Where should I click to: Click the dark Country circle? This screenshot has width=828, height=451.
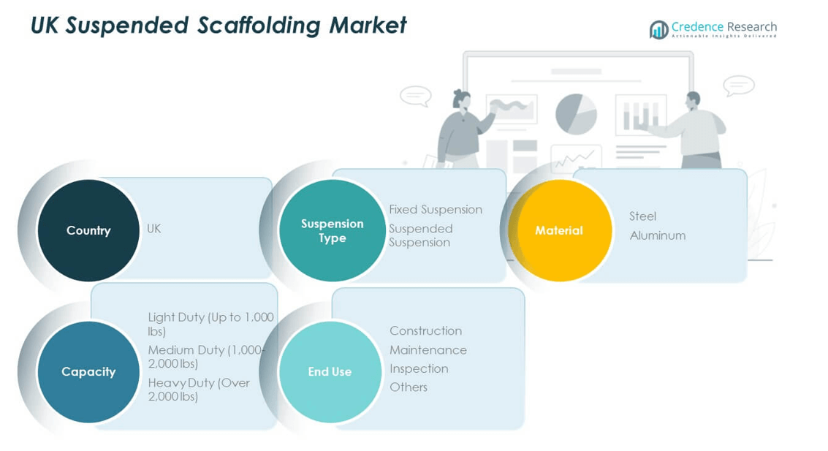click(x=88, y=230)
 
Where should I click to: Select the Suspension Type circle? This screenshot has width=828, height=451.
click(x=332, y=230)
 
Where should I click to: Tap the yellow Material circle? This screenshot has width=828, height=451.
click(x=559, y=230)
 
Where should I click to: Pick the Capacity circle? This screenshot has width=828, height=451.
click(x=88, y=371)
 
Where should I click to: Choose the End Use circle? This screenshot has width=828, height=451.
click(x=330, y=371)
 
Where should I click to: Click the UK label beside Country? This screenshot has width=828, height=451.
click(x=153, y=229)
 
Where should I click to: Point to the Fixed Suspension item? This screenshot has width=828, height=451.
click(x=436, y=210)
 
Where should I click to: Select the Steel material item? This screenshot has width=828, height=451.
click(x=642, y=216)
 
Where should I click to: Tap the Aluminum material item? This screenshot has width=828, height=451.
click(x=658, y=235)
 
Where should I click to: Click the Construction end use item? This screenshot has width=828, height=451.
click(x=425, y=331)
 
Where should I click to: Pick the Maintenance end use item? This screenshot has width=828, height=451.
click(x=428, y=350)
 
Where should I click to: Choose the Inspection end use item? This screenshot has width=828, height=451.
click(x=419, y=368)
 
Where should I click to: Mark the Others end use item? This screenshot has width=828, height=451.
click(x=409, y=387)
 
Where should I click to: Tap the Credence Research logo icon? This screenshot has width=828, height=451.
click(x=658, y=29)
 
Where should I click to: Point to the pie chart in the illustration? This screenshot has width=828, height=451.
click(x=576, y=114)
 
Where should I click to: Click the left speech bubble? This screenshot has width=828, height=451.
click(x=416, y=96)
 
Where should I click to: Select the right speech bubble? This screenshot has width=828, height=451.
click(x=738, y=86)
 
